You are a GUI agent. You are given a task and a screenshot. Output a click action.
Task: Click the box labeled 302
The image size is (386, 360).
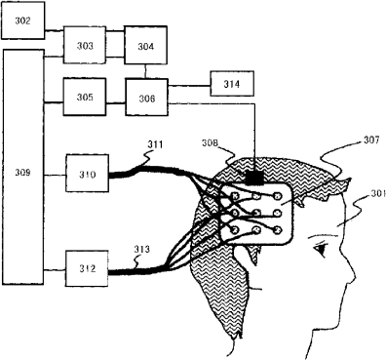click(23, 20)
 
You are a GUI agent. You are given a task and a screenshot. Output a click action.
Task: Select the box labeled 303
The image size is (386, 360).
click(85, 45)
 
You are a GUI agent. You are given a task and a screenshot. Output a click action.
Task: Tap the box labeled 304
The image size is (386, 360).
click(145, 45)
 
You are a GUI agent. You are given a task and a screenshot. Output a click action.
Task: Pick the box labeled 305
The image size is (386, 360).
click(85, 97)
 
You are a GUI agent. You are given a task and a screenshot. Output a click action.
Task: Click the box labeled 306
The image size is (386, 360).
click(147, 97)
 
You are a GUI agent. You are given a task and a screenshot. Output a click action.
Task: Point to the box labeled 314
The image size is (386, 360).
click(232, 84)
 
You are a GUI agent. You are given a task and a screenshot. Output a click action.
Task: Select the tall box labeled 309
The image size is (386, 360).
click(23, 167)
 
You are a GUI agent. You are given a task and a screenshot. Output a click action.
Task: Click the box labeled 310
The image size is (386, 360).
click(88, 173)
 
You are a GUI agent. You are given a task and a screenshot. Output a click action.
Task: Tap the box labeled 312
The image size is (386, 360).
click(87, 268)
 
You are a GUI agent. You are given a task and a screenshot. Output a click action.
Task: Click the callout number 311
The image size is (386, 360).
click(155, 144)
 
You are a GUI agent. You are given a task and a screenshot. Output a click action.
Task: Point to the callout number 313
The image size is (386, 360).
click(142, 250)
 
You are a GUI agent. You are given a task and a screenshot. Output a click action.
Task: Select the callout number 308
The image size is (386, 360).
click(210, 142)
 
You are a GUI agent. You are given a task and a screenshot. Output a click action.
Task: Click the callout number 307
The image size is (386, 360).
click(371, 140)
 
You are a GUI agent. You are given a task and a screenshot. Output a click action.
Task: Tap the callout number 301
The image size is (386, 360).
click(378, 193)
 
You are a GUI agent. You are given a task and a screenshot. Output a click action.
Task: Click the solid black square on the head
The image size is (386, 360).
click(254, 178)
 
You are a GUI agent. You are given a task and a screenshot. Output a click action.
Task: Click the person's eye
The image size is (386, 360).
click(321, 250)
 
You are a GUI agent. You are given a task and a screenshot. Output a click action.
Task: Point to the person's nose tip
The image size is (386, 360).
click(354, 278)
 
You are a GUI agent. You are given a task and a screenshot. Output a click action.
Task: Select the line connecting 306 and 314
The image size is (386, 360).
click(189, 86)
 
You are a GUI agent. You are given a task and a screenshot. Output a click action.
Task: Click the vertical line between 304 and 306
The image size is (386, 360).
click(145, 71)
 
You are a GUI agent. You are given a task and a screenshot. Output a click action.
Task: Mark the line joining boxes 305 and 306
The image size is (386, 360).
click(116, 103)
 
